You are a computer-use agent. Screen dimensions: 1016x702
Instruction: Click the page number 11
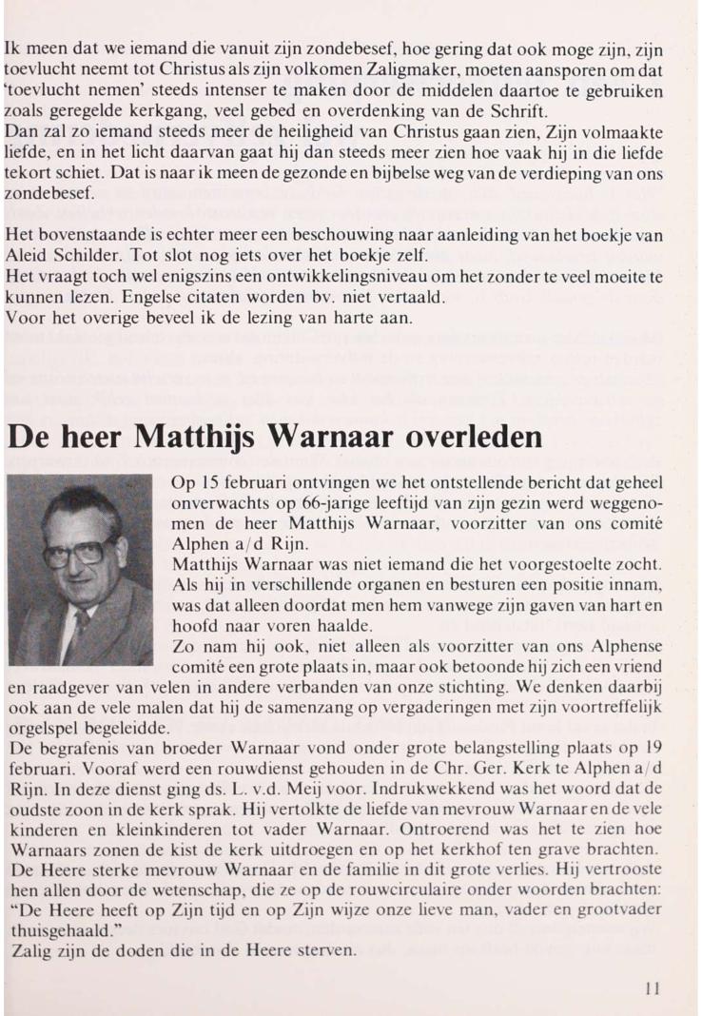tap(652, 987)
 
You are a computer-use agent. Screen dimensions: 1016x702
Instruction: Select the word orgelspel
tap(42, 731)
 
